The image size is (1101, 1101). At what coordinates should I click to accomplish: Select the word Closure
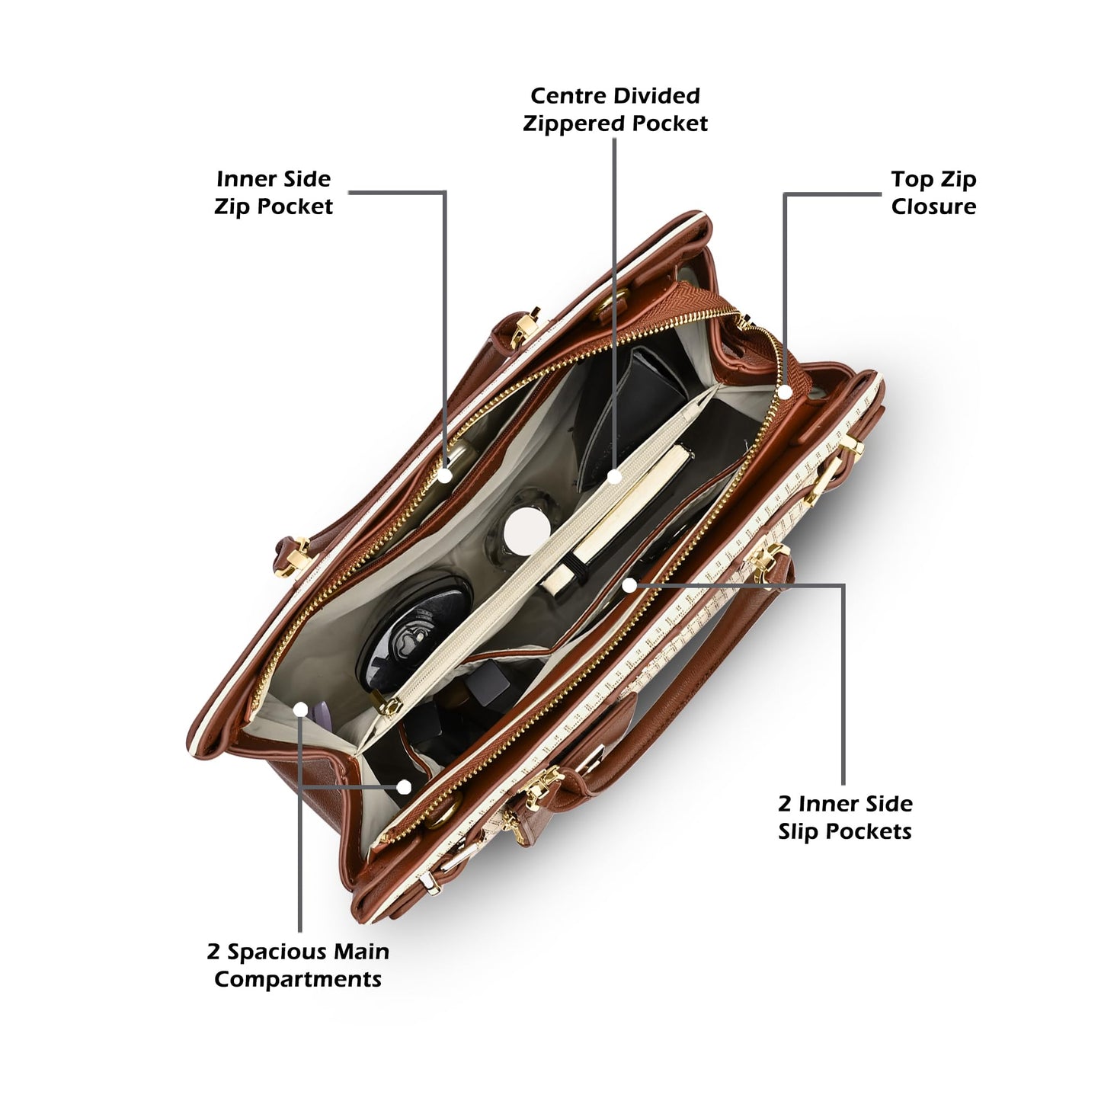(933, 206)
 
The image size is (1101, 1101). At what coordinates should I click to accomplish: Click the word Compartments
(298, 979)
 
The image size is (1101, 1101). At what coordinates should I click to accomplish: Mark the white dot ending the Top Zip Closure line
(785, 392)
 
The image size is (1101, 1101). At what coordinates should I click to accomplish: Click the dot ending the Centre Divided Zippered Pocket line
(614, 476)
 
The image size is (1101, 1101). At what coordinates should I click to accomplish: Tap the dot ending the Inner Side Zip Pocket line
(445, 475)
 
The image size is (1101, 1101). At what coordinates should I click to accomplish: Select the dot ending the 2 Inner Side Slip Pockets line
(629, 585)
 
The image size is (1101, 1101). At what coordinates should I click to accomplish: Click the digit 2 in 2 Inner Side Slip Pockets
(785, 805)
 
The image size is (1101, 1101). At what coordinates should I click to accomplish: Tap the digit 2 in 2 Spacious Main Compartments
(213, 952)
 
